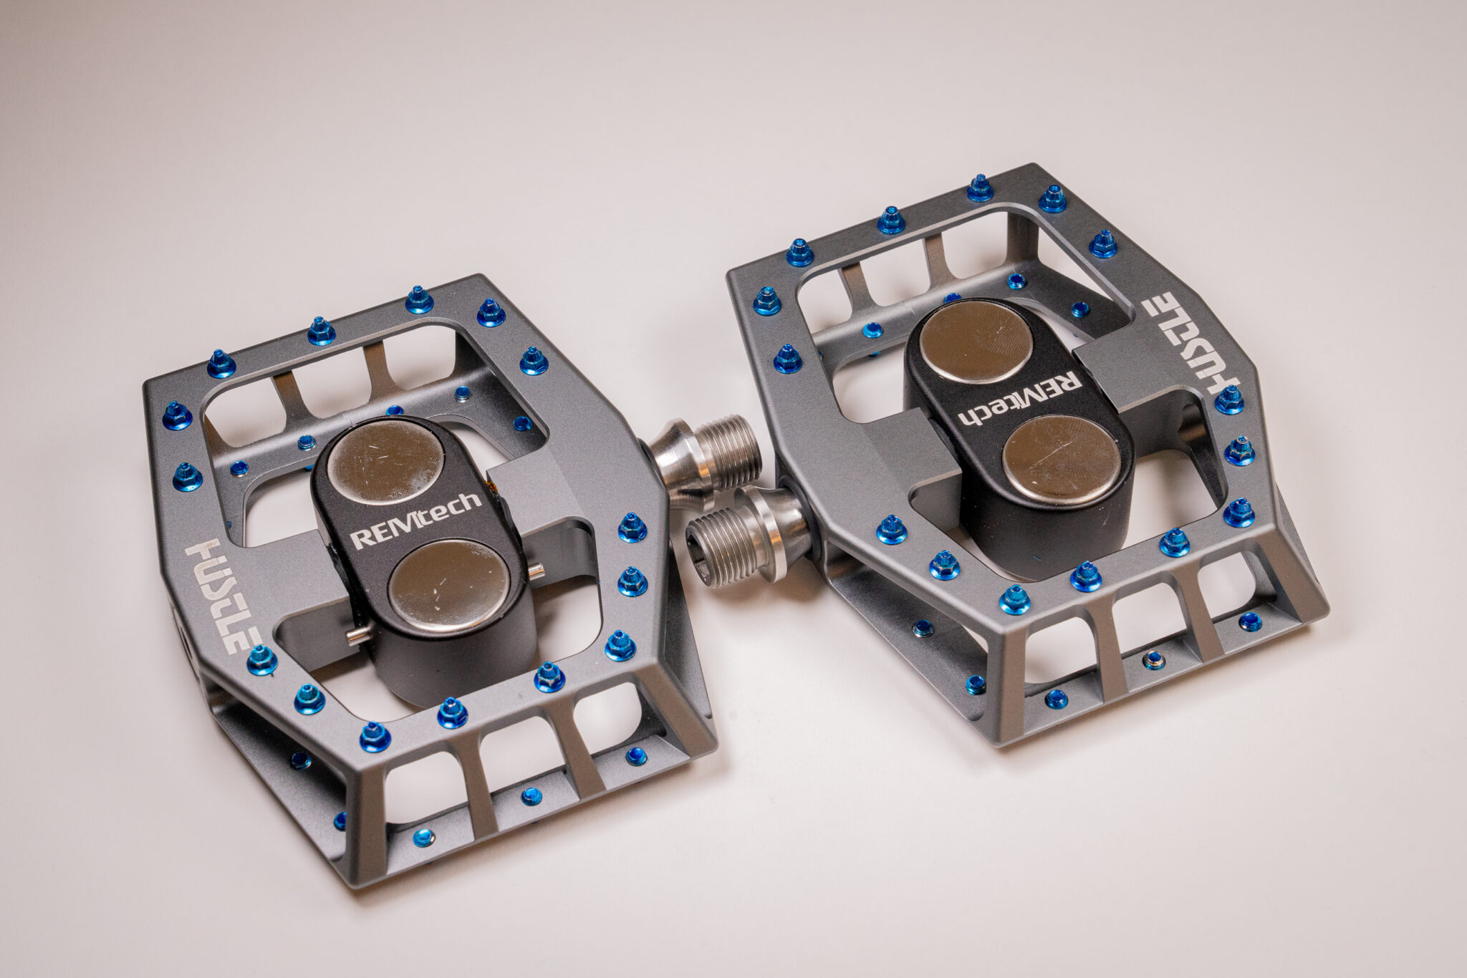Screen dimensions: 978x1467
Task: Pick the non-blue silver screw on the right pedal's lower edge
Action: (x=1153, y=660)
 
